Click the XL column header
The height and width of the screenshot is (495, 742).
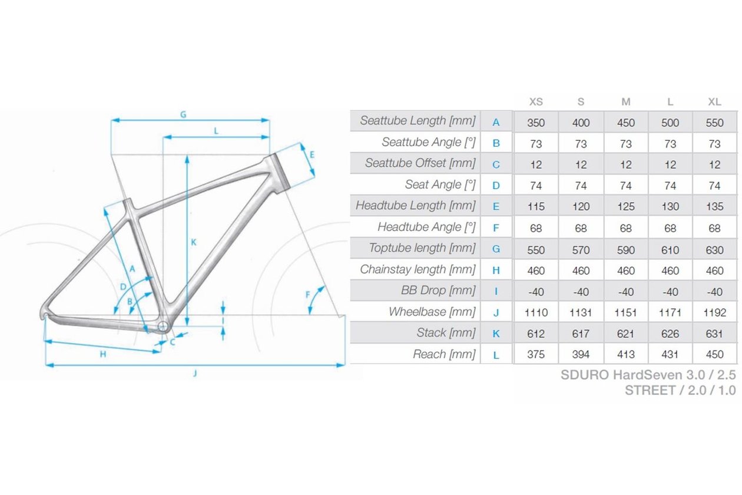coord(714,102)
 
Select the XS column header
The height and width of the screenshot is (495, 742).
coord(536,102)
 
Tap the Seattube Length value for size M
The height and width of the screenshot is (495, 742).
coord(626,123)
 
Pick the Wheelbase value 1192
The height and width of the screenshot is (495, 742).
coord(714,312)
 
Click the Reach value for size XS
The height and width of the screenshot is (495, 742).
coord(536,355)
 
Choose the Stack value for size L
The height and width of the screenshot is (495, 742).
coord(670,334)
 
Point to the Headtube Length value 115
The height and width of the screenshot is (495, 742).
coord(536,207)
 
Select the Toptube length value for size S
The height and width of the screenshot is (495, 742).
coord(581,250)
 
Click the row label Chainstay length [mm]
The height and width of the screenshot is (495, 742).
coord(418,270)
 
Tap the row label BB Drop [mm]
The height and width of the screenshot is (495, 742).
coord(438,291)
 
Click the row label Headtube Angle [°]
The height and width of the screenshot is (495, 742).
coord(426,227)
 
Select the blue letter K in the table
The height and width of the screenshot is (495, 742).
coord(496,334)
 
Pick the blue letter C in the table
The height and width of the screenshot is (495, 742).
coord(496,164)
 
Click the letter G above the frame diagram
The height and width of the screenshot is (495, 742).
coord(183,115)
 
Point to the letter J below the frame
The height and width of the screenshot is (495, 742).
coord(194,373)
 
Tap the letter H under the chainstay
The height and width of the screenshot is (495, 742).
coord(102,354)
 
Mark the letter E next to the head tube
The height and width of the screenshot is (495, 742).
coord(312,155)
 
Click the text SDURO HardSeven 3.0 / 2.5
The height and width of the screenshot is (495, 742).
coord(648,375)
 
